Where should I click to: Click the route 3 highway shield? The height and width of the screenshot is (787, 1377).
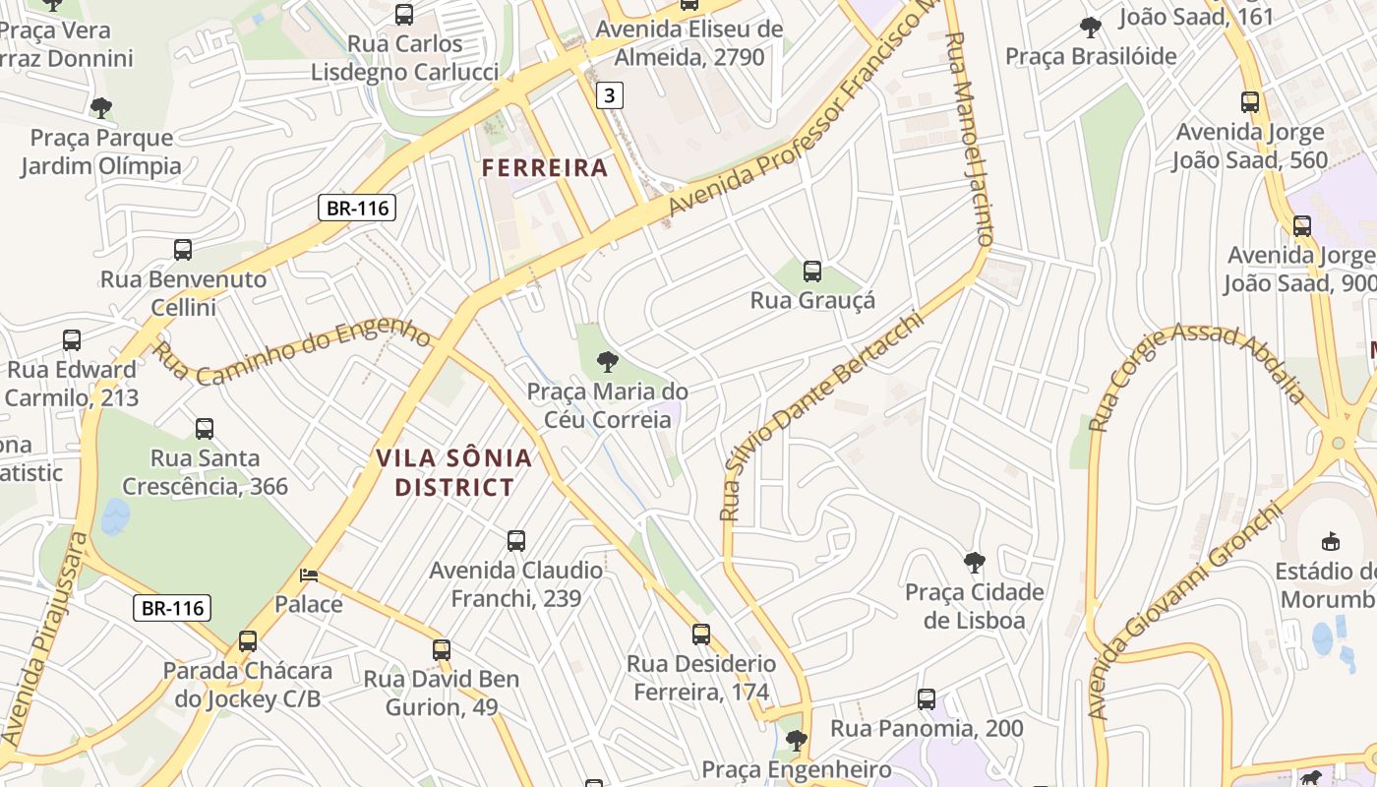(610, 95)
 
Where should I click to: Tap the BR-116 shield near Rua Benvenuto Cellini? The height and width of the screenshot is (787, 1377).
(356, 208)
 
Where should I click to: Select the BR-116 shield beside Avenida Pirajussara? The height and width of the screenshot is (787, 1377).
(172, 608)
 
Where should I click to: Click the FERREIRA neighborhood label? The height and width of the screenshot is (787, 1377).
(545, 168)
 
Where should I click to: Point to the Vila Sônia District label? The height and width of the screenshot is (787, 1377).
(453, 472)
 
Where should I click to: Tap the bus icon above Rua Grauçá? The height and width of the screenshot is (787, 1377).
(812, 272)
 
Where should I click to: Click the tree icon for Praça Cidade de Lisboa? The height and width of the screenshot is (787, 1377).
(974, 563)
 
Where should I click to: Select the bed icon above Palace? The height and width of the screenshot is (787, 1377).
(309, 575)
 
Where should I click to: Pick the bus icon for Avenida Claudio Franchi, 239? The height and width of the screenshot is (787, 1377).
(516, 541)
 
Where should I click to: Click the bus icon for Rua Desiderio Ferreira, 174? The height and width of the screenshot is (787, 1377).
(701, 635)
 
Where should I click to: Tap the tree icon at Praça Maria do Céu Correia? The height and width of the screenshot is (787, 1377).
(608, 362)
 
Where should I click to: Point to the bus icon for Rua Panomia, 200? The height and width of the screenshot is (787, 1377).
(927, 699)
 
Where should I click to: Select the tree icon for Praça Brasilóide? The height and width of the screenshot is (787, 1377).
(1090, 28)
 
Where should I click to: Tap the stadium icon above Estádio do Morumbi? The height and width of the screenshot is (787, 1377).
(1331, 541)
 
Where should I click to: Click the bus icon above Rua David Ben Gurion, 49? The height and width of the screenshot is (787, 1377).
(442, 649)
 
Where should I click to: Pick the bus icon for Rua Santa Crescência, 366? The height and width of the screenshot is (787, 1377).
(205, 429)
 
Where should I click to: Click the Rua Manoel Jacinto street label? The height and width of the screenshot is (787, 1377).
(970, 138)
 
